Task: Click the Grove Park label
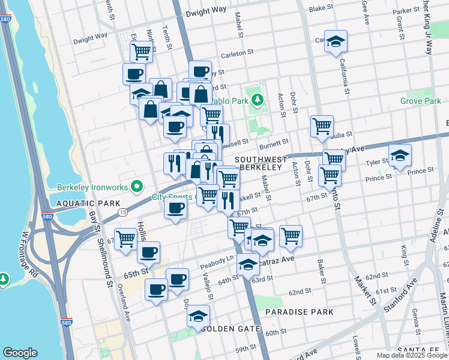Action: tap(421, 101)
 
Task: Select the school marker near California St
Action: tap(336, 41)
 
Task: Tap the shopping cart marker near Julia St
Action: tap(322, 127)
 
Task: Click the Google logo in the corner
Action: tap(20, 353)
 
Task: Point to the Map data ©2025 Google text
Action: tap(411, 355)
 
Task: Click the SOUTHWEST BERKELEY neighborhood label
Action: tap(258, 164)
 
